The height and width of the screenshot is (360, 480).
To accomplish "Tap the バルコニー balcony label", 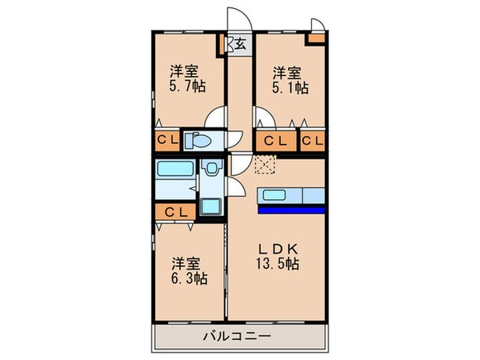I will point(239,337).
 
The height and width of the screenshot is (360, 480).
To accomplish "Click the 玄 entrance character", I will point(239,44).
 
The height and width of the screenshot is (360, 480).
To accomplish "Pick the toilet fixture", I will point(198,142).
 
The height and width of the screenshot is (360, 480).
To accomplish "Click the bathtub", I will point(175,170).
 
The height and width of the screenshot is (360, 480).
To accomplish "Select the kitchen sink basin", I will point(274,195).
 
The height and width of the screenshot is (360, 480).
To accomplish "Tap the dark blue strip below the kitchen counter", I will point(291,210).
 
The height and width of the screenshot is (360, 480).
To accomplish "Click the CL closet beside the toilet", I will point(166,142).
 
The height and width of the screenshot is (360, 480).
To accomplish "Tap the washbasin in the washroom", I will point(211,169).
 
